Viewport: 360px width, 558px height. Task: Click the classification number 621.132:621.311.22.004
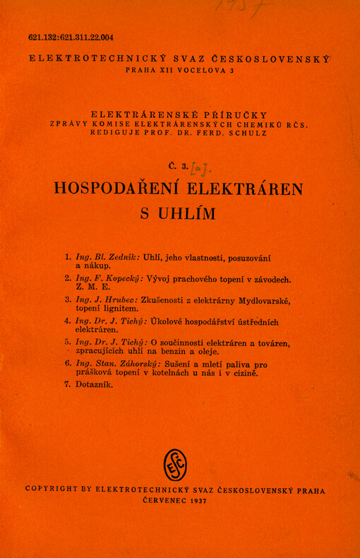coord(71,38)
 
